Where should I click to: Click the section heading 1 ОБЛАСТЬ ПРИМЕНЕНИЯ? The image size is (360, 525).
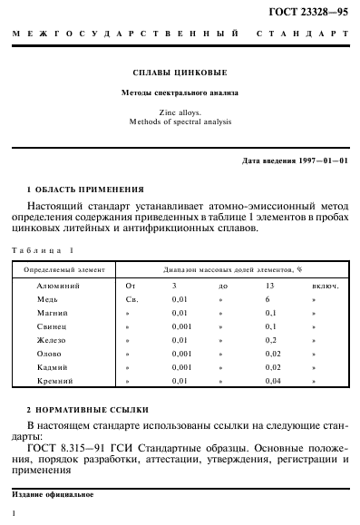pos(85,190)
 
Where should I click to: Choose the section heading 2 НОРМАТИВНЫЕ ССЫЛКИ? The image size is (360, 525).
pos(88,410)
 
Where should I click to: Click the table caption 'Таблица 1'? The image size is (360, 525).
pos(44,250)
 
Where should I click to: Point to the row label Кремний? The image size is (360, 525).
pos(54,383)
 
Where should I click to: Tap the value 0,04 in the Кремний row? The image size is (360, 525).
pos(272,383)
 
